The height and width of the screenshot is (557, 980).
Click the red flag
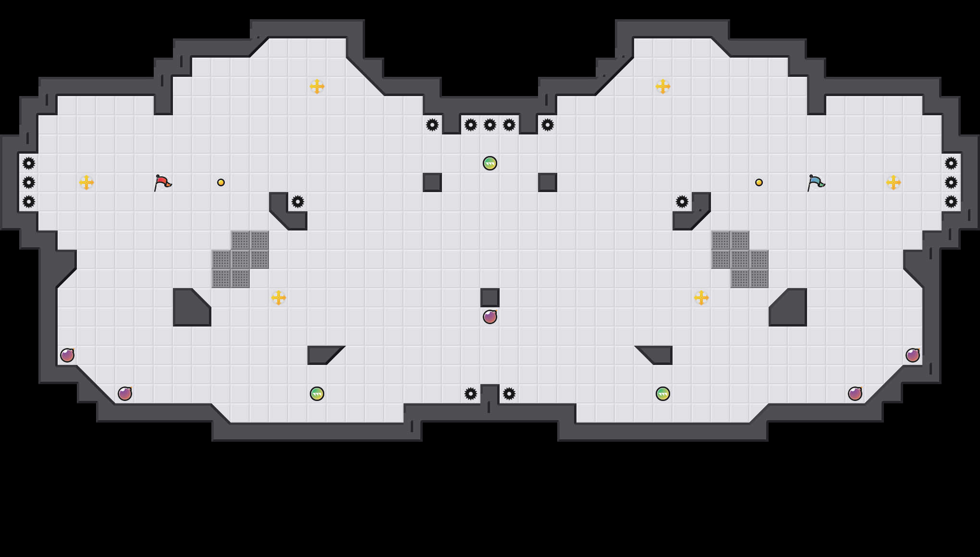(162, 182)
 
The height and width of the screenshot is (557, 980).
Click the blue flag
(816, 182)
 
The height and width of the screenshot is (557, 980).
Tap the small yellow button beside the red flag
(221, 182)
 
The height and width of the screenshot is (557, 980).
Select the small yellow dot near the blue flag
(759, 182)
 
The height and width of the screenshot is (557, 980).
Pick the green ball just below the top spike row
(490, 163)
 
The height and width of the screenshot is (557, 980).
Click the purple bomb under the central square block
(490, 317)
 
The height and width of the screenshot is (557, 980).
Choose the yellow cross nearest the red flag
(86, 182)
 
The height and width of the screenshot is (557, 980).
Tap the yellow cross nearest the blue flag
(894, 182)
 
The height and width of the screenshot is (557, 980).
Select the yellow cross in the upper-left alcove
(317, 86)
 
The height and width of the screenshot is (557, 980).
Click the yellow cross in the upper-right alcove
(663, 86)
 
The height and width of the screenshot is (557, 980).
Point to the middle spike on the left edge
(29, 182)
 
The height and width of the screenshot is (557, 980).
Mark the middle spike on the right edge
(951, 182)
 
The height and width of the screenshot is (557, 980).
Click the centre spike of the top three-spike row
(490, 125)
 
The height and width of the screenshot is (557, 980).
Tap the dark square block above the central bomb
(490, 298)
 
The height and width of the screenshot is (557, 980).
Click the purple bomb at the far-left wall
(67, 355)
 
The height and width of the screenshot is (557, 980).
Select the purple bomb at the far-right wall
(913, 355)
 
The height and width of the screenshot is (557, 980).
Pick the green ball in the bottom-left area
(317, 394)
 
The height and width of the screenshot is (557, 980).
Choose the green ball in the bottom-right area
(663, 394)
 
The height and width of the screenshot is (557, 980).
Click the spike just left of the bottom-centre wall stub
(471, 394)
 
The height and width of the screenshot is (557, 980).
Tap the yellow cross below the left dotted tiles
(279, 298)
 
